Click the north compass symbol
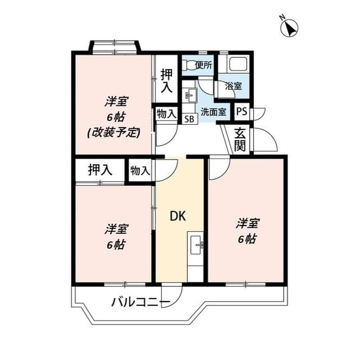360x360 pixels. tap(290, 27)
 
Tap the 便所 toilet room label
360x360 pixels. tap(203, 65)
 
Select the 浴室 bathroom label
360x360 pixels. tap(233, 86)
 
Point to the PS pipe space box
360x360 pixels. tap(241, 111)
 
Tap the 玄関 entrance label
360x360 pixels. tap(240, 139)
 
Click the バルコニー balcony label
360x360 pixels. tap(140, 303)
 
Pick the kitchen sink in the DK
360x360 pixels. tap(196, 244)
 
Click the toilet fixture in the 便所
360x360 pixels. tap(189, 64)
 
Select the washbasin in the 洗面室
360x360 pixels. tap(190, 95)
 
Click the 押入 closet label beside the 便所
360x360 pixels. tap(166, 80)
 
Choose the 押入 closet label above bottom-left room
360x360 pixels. tap(100, 170)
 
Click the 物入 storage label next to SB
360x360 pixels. tap(165, 114)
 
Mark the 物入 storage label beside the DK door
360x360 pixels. tap(140, 170)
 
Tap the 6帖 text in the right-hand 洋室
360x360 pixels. tap(247, 238)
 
